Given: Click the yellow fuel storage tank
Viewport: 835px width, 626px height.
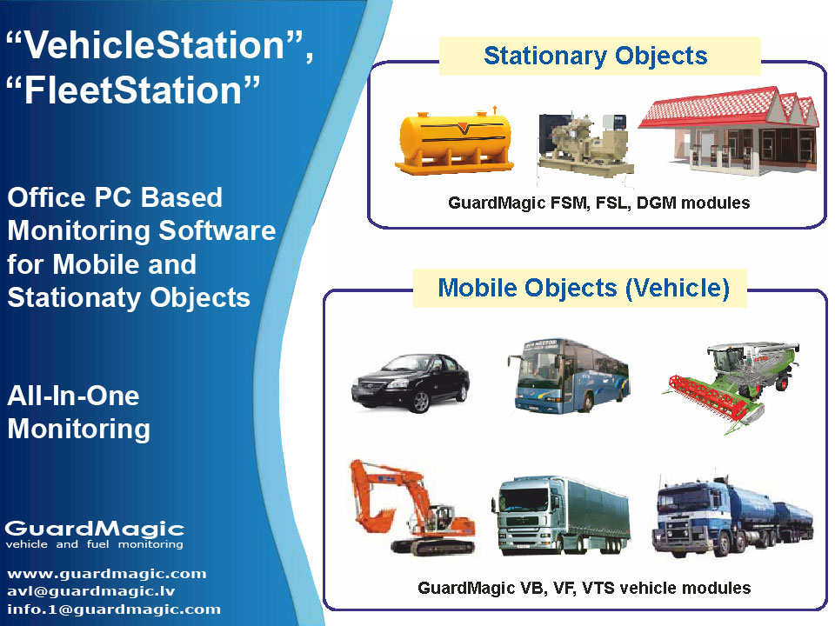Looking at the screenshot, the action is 454,141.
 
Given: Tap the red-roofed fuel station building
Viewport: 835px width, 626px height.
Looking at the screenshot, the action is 730,130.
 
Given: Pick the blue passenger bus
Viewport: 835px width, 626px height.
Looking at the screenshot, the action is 568,376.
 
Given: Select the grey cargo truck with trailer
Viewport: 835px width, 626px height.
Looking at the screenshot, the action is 560,516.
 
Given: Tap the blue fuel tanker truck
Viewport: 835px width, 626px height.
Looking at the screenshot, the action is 732,516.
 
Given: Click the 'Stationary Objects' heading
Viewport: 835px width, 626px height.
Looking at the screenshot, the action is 595,56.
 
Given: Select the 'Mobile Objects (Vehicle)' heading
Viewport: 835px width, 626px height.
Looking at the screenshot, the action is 584,288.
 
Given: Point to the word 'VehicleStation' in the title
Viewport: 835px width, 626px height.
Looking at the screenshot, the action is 155,44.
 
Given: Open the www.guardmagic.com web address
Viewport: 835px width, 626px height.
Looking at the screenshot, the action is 106,574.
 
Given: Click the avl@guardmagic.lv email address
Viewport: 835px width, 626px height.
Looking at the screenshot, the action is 91,591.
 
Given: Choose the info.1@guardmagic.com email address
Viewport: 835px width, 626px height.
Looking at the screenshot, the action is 114,609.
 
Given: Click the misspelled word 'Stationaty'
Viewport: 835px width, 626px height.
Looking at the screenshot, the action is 75,297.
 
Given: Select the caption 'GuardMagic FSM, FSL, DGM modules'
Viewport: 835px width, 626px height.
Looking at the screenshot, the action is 599,203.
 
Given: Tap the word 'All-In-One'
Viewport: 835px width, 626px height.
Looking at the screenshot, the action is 73,396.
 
